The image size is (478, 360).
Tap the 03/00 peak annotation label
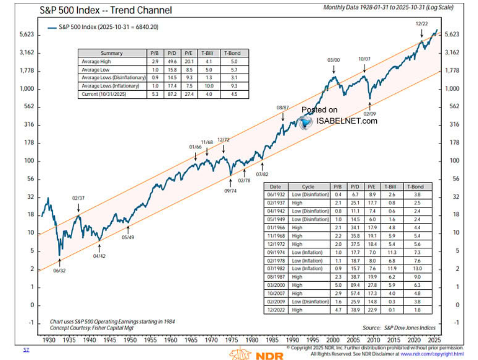pyautogui.click(x=333, y=60)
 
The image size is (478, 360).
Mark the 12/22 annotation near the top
pyautogui.click(x=422, y=24)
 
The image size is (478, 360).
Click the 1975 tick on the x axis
pyautogui.click(x=231, y=340)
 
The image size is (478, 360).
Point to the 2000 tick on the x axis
pyautogui.click(x=333, y=340)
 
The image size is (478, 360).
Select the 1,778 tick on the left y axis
pyautogui.click(x=25, y=71)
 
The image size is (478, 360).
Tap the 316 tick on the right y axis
pyautogui.click(x=452, y=125)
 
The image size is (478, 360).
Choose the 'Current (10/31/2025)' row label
pyautogui.click(x=104, y=95)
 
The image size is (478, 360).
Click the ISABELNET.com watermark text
pyautogui.click(x=346, y=121)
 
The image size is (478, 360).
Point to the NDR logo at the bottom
pyautogui.click(x=256, y=354)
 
